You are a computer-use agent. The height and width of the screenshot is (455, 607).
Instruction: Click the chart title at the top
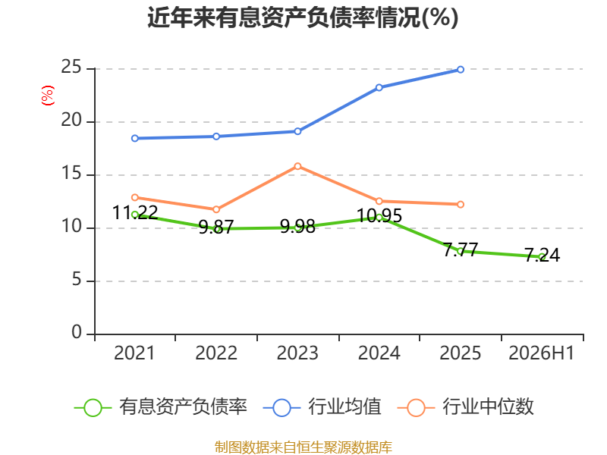coord(303,17)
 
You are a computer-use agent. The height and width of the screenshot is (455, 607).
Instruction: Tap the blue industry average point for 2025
coord(461,70)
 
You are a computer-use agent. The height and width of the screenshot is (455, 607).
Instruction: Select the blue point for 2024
coord(379,88)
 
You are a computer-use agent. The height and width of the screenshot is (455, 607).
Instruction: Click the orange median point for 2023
coord(297,166)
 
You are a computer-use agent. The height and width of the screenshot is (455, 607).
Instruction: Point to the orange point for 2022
coord(216,210)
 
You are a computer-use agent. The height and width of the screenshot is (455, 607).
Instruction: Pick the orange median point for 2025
coord(461,204)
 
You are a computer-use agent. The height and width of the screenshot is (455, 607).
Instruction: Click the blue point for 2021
coord(135,139)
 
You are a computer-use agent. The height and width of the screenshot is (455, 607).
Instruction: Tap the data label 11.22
coord(135,212)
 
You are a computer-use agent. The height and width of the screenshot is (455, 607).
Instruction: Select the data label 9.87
coord(216,227)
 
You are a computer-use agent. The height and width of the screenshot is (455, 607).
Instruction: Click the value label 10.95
coord(379,215)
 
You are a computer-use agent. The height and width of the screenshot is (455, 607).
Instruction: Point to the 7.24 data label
coord(542,255)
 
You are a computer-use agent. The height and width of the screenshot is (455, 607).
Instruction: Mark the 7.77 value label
coord(461,249)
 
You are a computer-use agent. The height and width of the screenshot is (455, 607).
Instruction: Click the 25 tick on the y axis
coord(71,67)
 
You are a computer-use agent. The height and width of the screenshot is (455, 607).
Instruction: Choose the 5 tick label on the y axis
coord(77,279)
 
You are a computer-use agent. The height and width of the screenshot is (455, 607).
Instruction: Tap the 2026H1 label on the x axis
coord(541,353)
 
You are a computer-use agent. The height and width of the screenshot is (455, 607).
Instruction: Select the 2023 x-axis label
coord(297,353)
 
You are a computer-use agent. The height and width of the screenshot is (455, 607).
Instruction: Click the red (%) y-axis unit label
coord(48,96)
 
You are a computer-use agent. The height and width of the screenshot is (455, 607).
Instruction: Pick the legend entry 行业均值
coord(322,407)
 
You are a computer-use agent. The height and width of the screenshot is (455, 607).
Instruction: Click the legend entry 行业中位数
coord(466,407)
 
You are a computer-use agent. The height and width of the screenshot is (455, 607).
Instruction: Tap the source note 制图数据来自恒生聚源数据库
coord(303,447)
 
